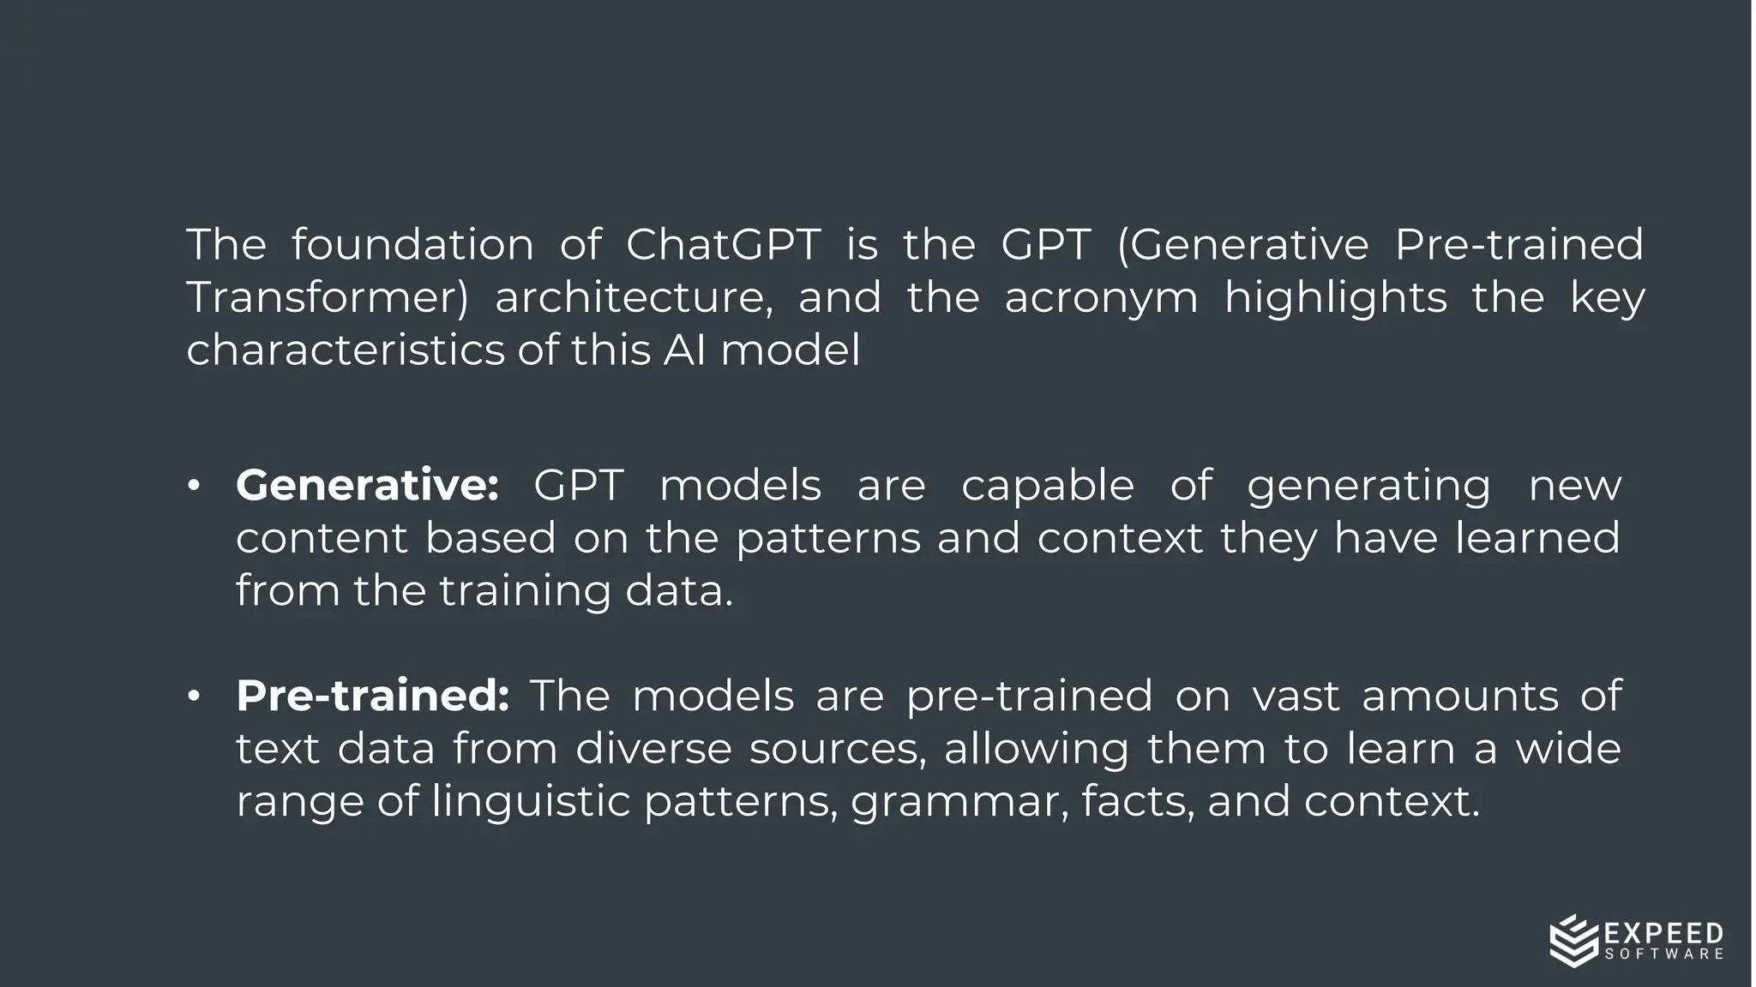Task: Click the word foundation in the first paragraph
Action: coord(412,245)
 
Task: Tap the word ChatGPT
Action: coord(723,245)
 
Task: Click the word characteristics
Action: coord(346,350)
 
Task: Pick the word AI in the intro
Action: coord(684,350)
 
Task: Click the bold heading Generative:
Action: coord(367,486)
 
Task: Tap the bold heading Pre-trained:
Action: coord(373,696)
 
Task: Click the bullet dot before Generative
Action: coord(194,486)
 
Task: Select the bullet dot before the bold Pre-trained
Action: coord(194,696)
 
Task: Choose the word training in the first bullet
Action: coord(525,592)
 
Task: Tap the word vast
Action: coord(1295,696)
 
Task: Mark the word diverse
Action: coord(653,749)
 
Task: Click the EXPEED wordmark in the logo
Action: coord(1663,933)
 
